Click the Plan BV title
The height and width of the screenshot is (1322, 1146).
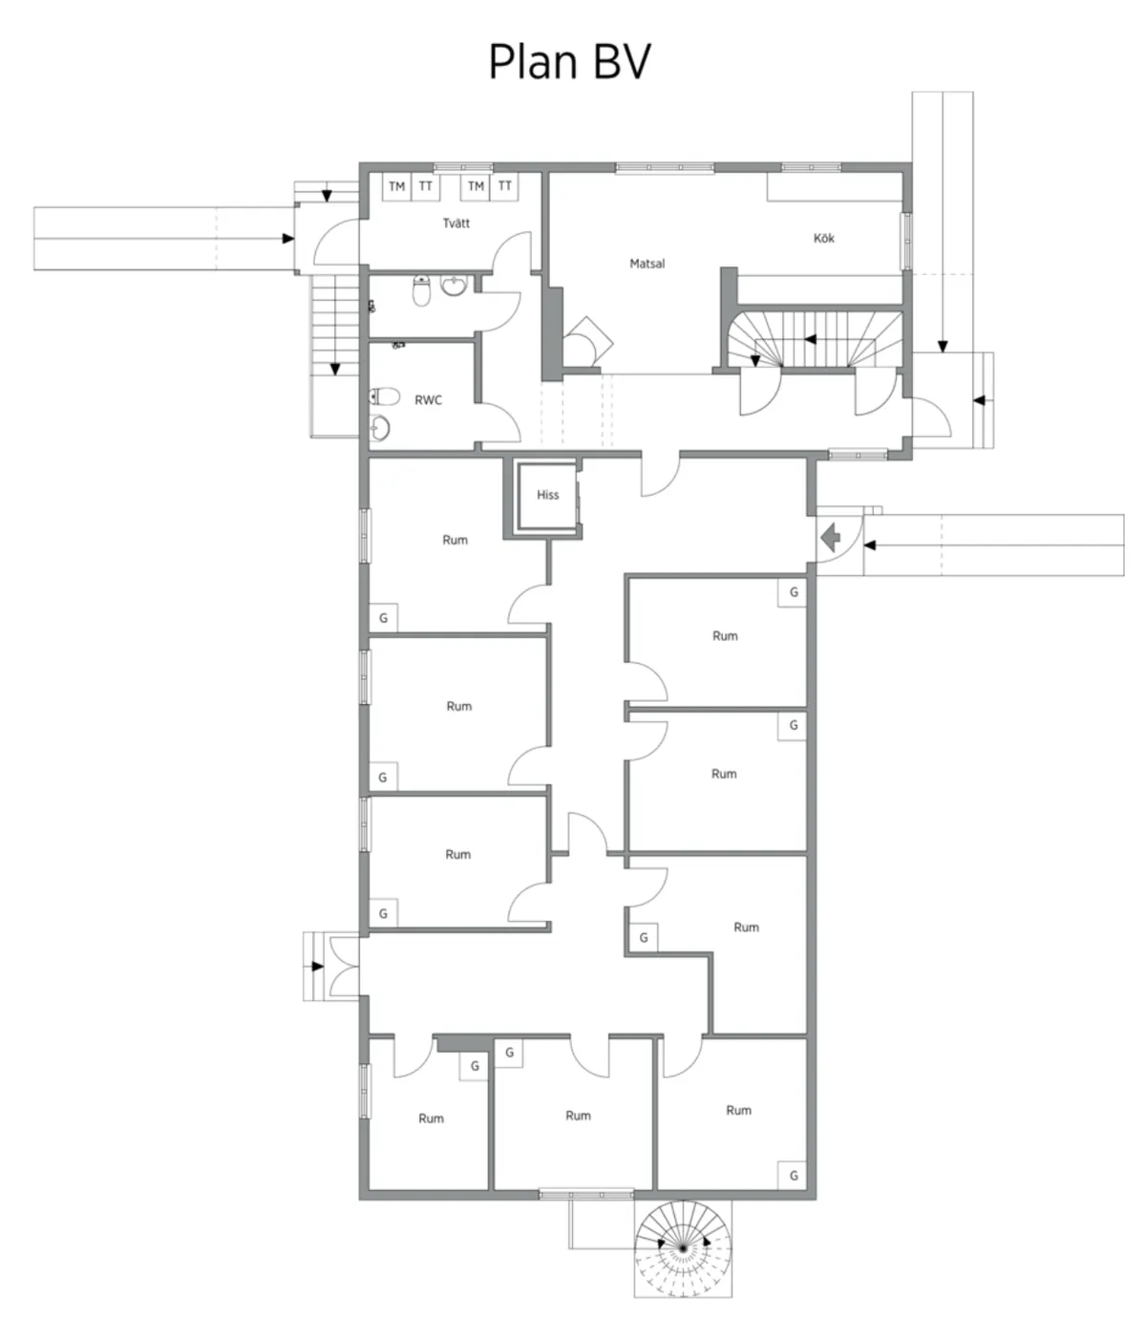(570, 62)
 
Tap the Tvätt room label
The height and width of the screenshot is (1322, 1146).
(456, 224)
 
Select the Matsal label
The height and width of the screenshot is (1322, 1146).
(647, 264)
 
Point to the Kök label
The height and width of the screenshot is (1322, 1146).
(823, 238)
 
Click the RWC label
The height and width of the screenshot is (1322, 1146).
(428, 400)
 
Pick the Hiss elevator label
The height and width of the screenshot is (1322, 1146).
(547, 495)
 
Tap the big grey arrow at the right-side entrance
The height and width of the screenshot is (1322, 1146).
(831, 539)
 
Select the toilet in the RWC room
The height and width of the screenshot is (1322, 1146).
(385, 394)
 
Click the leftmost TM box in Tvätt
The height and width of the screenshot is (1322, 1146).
(396, 187)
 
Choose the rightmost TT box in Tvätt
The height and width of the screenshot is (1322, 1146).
(504, 187)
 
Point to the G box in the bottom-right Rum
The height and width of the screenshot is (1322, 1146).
(793, 1176)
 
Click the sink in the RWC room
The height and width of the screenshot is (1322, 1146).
(381, 428)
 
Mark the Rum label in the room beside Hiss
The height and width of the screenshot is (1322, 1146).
(455, 540)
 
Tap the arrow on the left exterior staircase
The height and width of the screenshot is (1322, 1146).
(334, 368)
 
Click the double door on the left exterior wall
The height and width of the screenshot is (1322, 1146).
(344, 966)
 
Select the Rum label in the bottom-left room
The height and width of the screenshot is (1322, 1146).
(431, 1119)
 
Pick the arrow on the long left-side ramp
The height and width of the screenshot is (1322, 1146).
(287, 239)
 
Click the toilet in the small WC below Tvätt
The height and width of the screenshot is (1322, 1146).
(420, 292)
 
